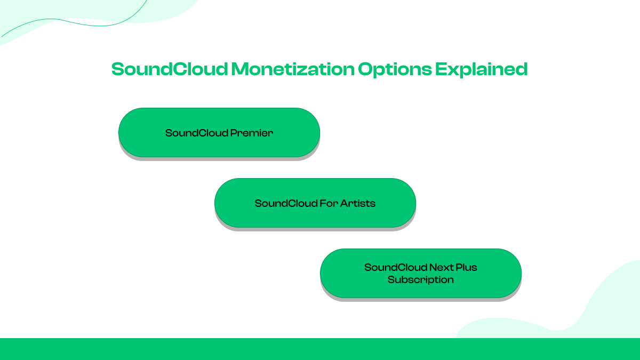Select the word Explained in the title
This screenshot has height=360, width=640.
tap(481, 69)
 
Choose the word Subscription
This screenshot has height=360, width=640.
tap(421, 279)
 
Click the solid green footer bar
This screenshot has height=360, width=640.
tap(320, 349)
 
